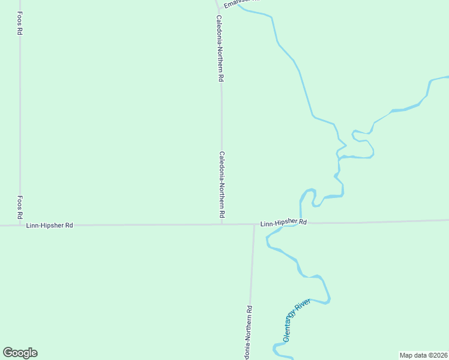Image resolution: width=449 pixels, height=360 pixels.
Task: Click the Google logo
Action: [x=20, y=353]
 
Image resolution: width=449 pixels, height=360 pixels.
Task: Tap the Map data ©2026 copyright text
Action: [x=423, y=355]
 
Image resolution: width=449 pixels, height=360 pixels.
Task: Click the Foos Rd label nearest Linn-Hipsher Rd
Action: [x=20, y=207]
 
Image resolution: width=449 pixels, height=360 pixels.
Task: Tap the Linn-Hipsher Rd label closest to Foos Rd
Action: [x=49, y=226]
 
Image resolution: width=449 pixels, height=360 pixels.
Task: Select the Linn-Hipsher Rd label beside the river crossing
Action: [x=283, y=223]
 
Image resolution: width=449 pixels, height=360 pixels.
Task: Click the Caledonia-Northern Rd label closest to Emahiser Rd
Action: [x=221, y=48]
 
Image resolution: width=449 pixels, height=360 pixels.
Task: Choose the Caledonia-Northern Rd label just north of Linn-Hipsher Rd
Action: [x=221, y=184]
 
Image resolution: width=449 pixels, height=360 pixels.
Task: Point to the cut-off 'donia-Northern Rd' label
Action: [x=249, y=333]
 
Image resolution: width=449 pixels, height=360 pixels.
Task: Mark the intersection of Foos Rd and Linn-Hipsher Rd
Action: [x=20, y=226]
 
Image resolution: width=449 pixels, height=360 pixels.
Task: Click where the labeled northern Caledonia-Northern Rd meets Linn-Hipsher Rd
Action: [x=222, y=225]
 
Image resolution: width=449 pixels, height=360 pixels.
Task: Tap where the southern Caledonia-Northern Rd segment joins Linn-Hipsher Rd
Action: [x=255, y=225]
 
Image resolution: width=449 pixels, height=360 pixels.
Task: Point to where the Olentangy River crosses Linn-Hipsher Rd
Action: [x=300, y=224]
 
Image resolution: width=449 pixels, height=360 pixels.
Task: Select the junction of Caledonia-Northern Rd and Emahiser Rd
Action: [x=217, y=8]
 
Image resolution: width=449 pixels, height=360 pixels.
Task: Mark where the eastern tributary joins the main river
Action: [x=340, y=158]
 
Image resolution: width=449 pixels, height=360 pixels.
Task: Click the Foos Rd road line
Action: [x=20, y=120]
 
